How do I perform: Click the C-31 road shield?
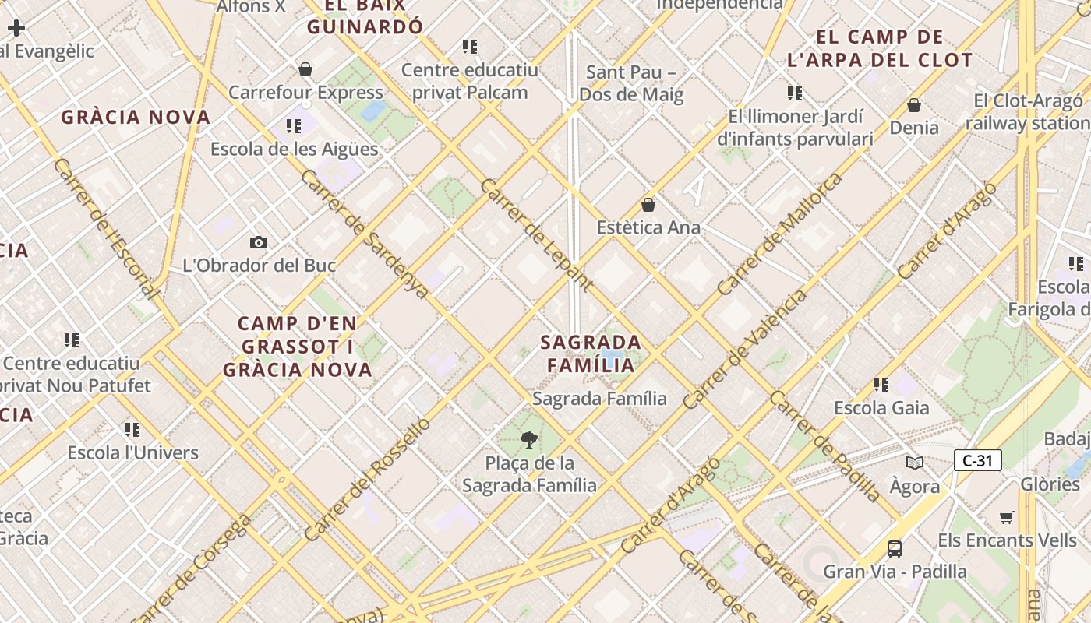pyautogui.click(x=977, y=460)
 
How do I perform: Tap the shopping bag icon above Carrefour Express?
pyautogui.click(x=305, y=70)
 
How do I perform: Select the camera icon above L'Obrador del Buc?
pyautogui.click(x=259, y=243)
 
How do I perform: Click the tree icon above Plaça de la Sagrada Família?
pyautogui.click(x=529, y=440)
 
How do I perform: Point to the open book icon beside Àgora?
pyautogui.click(x=915, y=463)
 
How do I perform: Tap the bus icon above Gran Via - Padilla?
pyautogui.click(x=895, y=549)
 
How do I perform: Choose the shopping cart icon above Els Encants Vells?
pyautogui.click(x=1007, y=518)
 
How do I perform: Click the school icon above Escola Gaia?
pyautogui.click(x=881, y=385)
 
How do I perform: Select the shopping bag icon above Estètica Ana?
pyautogui.click(x=648, y=206)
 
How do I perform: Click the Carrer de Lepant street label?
pyautogui.click(x=535, y=234)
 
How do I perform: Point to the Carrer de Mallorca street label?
pyautogui.click(x=780, y=234)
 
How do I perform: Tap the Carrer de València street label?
pyautogui.click(x=746, y=350)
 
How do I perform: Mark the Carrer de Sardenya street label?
pyautogui.click(x=364, y=233)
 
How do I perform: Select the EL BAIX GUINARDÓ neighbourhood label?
pyautogui.click(x=365, y=16)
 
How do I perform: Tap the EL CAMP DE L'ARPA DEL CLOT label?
pyautogui.click(x=881, y=48)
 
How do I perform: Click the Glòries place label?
pyautogui.click(x=1050, y=484)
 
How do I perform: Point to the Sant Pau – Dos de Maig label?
pyautogui.click(x=630, y=83)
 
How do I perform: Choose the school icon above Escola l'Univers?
pyautogui.click(x=132, y=430)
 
